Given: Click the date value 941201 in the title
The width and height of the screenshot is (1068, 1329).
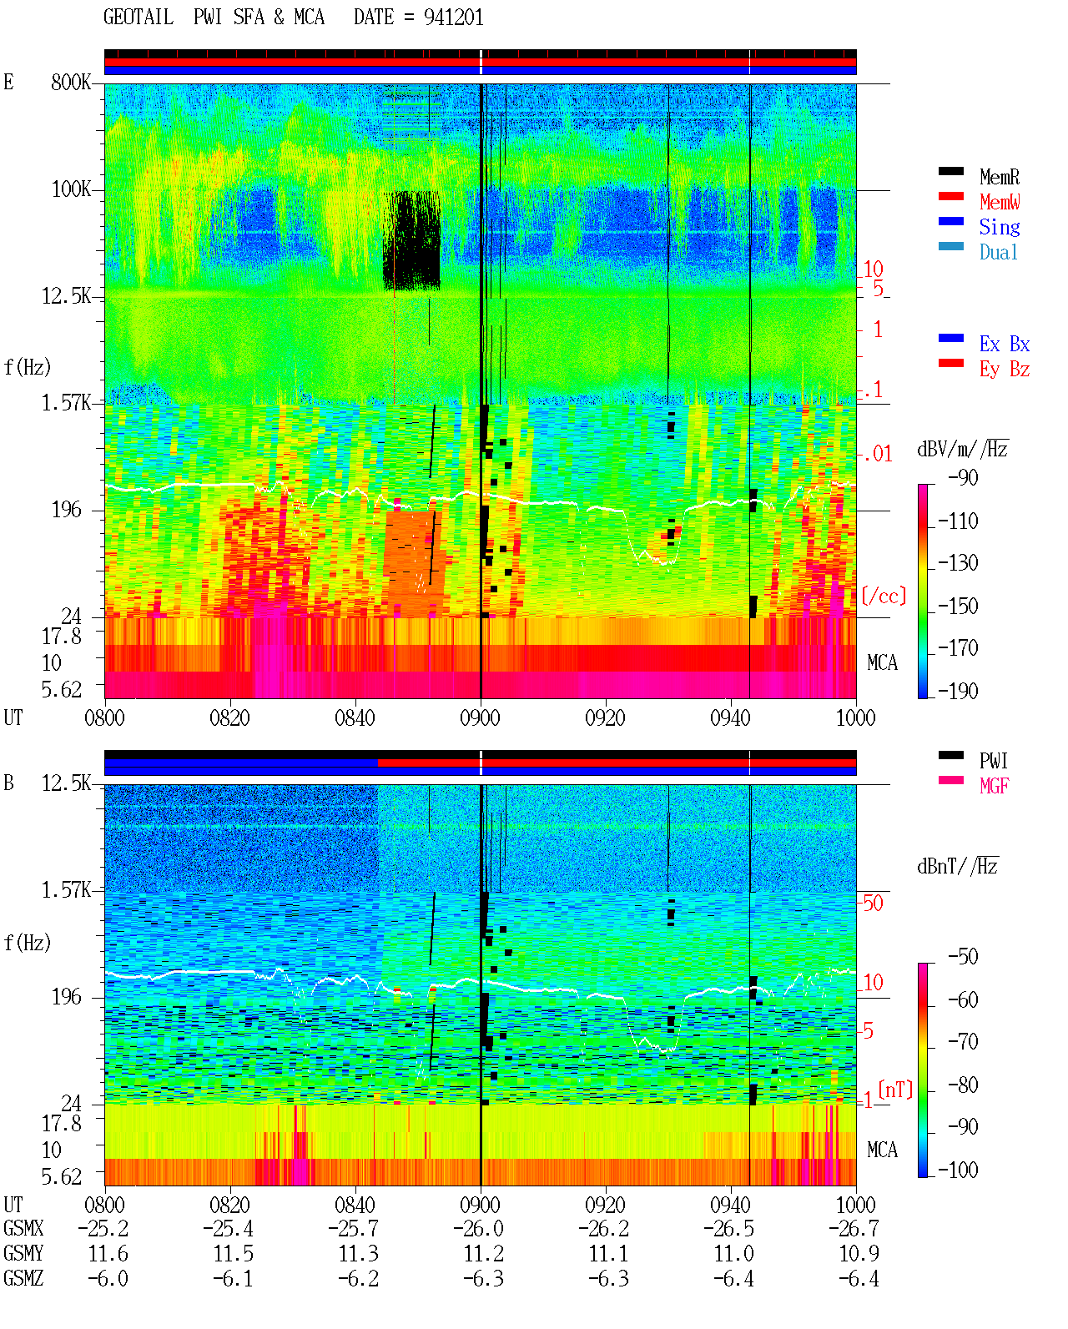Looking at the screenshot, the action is click(453, 18).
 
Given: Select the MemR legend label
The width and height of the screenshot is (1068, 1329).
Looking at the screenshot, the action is click(1000, 177).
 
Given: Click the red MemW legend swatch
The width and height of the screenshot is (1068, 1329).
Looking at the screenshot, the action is click(950, 196).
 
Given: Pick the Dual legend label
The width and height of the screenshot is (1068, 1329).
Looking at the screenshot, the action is click(999, 252).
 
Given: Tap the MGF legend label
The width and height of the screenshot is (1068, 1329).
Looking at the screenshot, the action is click(994, 786).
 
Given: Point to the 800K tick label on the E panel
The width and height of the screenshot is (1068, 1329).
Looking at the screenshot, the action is click(71, 82).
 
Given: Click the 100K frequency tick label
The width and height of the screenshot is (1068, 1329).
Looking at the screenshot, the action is click(71, 189).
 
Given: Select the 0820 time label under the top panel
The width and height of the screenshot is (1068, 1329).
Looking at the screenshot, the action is click(229, 717).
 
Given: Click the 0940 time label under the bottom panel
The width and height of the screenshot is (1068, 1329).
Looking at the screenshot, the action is click(730, 1205).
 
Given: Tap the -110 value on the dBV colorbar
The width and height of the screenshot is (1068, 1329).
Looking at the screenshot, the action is click(958, 521).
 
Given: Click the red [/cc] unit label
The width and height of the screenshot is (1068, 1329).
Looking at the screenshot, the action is click(884, 596).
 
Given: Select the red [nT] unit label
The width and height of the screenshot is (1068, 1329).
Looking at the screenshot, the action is click(895, 1090).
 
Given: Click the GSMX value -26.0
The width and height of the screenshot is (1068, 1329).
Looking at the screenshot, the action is click(479, 1229).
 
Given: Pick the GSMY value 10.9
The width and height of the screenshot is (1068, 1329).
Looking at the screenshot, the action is click(859, 1254).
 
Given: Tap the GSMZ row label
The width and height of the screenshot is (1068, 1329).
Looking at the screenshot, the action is click(23, 1278).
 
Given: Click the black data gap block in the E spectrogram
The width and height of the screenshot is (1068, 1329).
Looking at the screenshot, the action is click(412, 241).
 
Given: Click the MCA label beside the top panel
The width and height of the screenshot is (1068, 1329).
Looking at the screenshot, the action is click(882, 662).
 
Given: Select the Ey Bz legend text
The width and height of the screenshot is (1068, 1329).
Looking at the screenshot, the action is click(1005, 369).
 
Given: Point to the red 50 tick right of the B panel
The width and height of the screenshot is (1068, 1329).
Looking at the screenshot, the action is click(873, 904).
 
